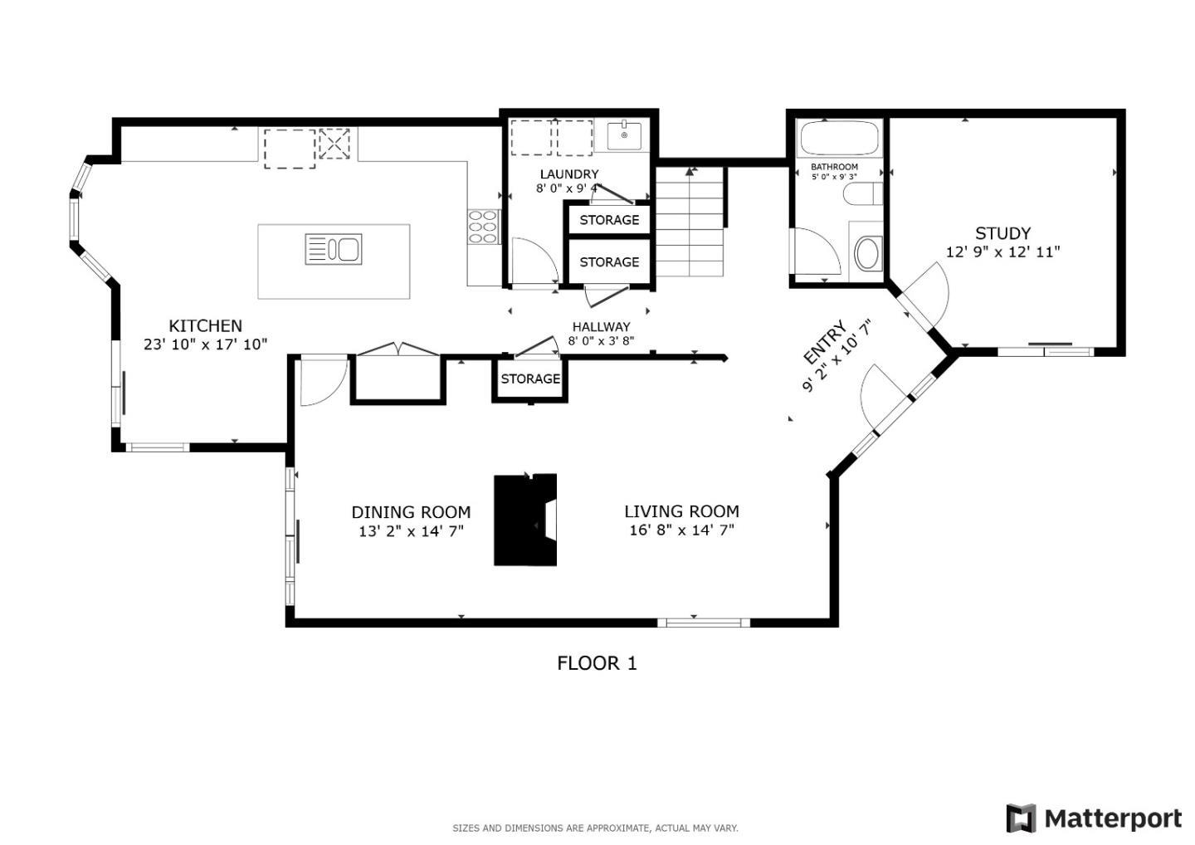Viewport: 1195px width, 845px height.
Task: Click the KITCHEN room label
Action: coord(205,326)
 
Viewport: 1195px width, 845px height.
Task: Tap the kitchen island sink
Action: coord(334,249)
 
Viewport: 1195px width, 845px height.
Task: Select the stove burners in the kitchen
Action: coord(483,226)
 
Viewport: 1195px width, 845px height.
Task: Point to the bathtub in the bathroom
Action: coord(837,138)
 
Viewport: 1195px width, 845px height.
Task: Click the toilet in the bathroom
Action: coord(862,195)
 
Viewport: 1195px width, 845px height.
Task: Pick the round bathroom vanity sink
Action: coord(866,253)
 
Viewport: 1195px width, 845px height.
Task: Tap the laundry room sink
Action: coord(623,134)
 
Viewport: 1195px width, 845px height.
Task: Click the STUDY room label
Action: coord(1002,233)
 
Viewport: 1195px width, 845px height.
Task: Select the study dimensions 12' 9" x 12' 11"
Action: coord(1002,252)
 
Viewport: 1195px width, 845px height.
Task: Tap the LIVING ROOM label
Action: coord(681,511)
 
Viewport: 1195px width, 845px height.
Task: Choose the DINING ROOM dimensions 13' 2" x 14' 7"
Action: coord(411,530)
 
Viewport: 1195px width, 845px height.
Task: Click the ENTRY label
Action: coord(825,342)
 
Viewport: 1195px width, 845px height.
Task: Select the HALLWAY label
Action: coord(601,327)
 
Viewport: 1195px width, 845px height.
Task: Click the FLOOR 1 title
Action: coord(597,663)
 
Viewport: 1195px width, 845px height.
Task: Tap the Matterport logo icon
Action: coord(1021,818)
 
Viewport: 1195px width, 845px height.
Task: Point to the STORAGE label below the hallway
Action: coord(530,379)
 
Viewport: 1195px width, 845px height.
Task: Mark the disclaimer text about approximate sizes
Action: coord(595,828)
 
